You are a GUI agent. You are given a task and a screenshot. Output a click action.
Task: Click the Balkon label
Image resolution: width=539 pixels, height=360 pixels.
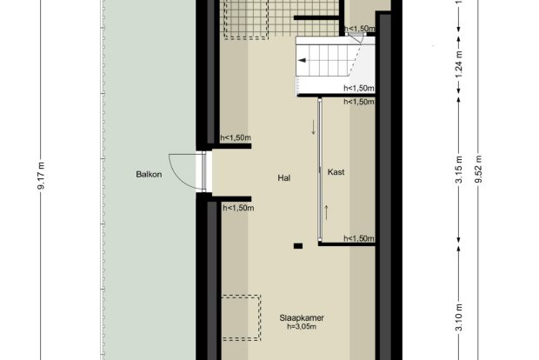click(x=149, y=174)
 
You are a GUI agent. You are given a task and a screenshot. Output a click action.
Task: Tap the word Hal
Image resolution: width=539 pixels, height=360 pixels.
click(x=284, y=177)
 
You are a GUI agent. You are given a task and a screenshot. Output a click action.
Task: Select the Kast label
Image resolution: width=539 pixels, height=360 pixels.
click(x=336, y=172)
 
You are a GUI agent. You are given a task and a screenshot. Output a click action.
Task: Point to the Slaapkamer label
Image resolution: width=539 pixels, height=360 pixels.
click(x=302, y=318)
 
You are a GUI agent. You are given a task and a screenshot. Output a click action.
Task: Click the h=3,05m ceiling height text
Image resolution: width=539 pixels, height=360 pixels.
click(x=302, y=327)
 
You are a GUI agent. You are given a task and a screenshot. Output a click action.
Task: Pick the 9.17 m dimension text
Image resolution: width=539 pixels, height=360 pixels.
click(x=41, y=176)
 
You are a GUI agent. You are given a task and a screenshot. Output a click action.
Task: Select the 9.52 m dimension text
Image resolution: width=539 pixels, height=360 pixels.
click(x=478, y=170)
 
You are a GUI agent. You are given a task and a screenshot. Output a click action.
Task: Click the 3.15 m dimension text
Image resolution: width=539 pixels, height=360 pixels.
click(x=459, y=170)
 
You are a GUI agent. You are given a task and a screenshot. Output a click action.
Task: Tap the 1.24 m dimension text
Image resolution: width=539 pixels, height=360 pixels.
click(x=459, y=64)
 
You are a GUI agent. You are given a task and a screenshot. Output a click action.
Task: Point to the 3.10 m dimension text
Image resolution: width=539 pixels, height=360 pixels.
click(x=459, y=317)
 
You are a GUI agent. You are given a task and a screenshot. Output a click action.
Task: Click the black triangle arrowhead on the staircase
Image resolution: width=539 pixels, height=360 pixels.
click(x=302, y=61)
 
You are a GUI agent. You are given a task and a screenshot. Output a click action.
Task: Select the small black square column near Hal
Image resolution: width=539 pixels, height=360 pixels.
click(x=298, y=246)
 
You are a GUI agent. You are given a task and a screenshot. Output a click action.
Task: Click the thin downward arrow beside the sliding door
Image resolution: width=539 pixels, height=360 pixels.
click(x=313, y=127)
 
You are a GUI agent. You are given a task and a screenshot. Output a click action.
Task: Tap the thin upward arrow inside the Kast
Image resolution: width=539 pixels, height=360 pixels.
click(x=326, y=212)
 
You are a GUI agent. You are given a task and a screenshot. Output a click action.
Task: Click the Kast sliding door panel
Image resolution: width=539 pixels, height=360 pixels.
click(x=320, y=170)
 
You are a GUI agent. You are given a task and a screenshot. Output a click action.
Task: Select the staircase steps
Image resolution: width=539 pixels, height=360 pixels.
click(x=329, y=61)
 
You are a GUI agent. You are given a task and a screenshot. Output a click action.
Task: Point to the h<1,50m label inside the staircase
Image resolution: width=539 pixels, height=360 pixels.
click(x=359, y=89)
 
